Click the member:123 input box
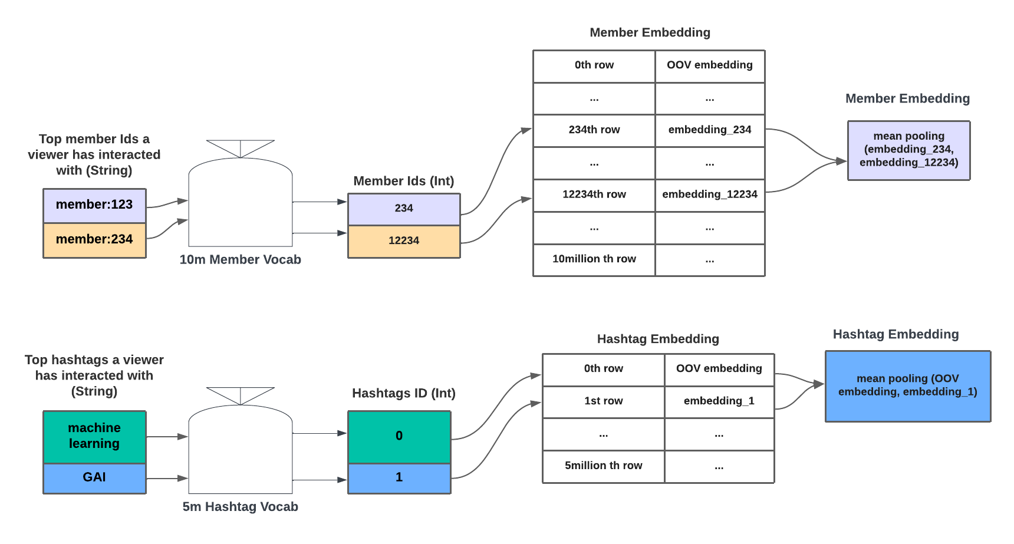pyautogui.click(x=94, y=205)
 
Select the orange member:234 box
pyautogui.click(x=94, y=240)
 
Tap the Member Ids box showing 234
pyautogui.click(x=404, y=209)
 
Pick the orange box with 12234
pyautogui.click(x=404, y=241)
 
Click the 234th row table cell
pyautogui.click(x=594, y=130)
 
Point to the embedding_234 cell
pyautogui.click(x=710, y=130)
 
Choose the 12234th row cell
pyautogui.click(x=594, y=194)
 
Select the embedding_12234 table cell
pyautogui.click(x=710, y=194)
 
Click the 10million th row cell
pyautogui.click(x=594, y=259)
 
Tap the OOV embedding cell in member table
pyautogui.click(x=710, y=65)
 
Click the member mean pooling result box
pyautogui.click(x=908, y=150)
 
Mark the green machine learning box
pyautogui.click(x=94, y=436)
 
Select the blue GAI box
pyautogui.click(x=94, y=477)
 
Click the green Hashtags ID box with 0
pyautogui.click(x=399, y=436)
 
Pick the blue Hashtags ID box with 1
pyautogui.click(x=399, y=477)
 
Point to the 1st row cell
pyautogui.click(x=603, y=401)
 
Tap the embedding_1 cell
pyautogui.click(x=719, y=401)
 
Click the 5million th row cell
pyautogui.click(x=603, y=466)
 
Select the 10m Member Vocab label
pyautogui.click(x=240, y=260)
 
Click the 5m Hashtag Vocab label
pyautogui.click(x=240, y=507)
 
